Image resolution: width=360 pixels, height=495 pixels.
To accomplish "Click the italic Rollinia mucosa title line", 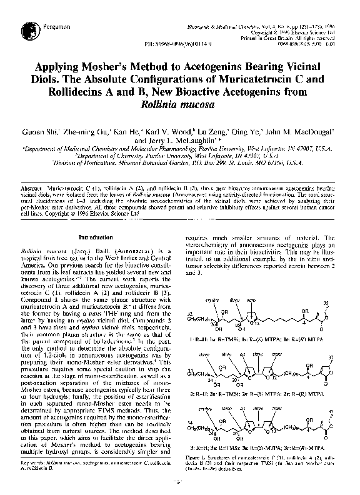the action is pos(180,104).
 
